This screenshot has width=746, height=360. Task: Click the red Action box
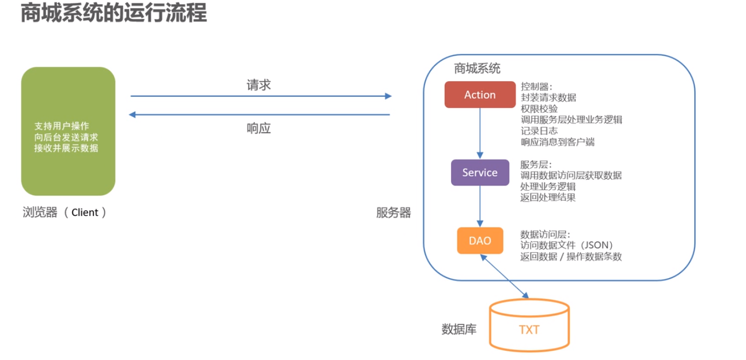pos(479,95)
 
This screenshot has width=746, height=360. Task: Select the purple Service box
pos(479,173)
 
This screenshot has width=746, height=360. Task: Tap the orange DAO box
pos(479,241)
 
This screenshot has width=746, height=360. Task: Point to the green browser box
pos(68,131)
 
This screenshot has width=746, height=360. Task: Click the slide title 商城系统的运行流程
pos(113,13)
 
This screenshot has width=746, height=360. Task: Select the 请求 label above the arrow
pos(259,85)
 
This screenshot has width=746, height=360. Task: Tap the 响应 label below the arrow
pos(259,128)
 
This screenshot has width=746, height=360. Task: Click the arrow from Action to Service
pos(480,133)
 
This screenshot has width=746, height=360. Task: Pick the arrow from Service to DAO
pos(480,206)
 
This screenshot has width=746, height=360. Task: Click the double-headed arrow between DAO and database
pos(506,276)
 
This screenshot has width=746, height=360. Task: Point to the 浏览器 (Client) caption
pos(64,213)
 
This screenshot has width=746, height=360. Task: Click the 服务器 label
pos(393,213)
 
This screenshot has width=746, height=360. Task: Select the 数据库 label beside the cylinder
pos(459,330)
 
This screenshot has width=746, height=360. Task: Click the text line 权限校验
pos(539,109)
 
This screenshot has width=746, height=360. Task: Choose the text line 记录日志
pos(539,131)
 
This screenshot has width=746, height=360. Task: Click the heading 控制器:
pos(536,86)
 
